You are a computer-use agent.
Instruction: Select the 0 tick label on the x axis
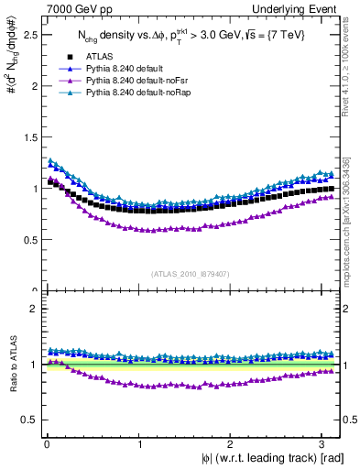(46, 443)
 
